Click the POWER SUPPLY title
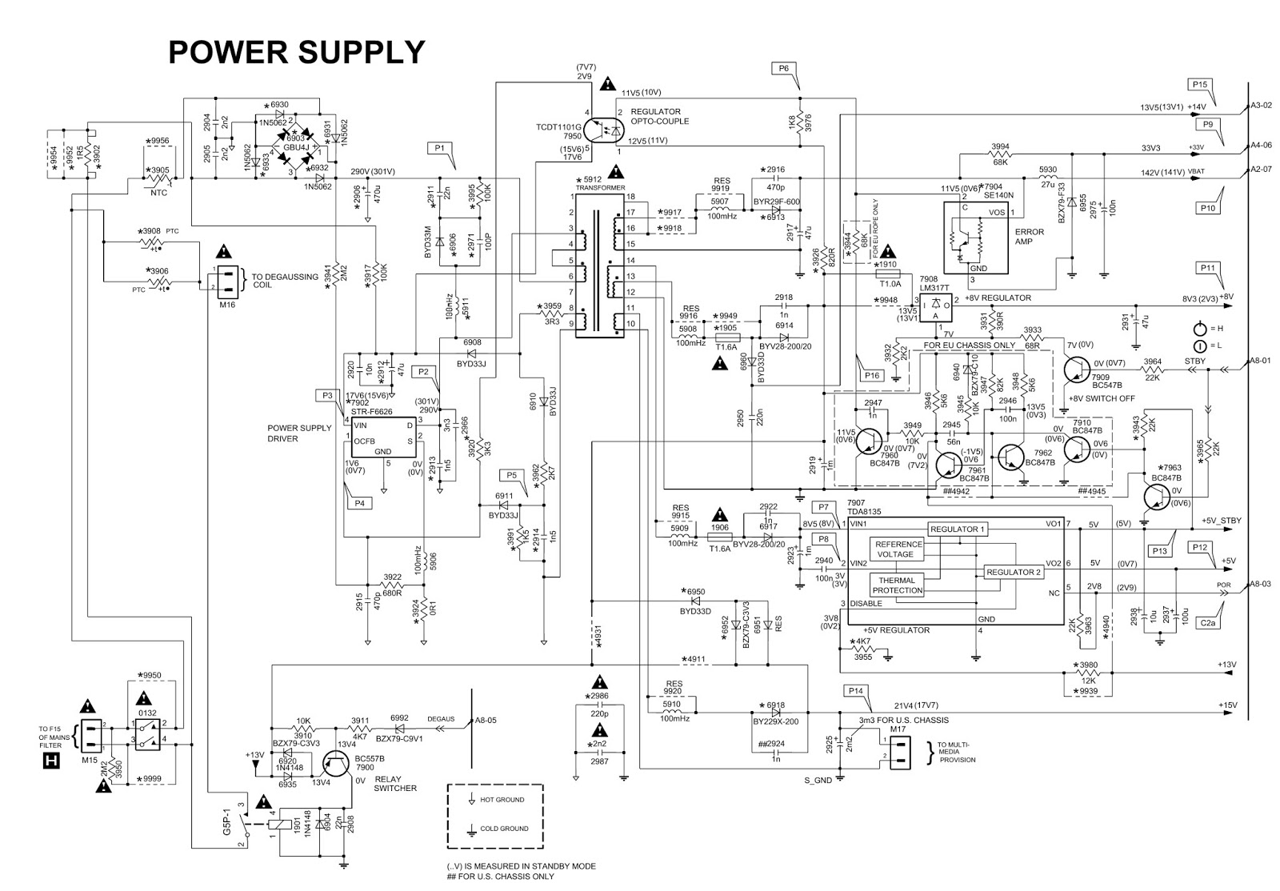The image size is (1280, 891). [296, 53]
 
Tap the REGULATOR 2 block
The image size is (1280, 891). [1013, 573]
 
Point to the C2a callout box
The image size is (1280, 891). [1207, 621]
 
